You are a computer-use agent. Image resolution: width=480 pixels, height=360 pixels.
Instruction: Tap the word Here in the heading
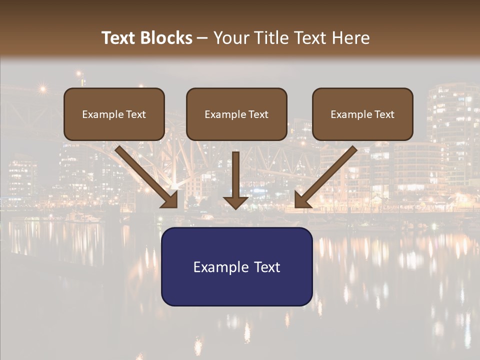[x=349, y=38]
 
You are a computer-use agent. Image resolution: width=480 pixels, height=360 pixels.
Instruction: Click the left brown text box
[x=114, y=114]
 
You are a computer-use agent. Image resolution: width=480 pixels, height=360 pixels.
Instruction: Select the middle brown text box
[x=236, y=114]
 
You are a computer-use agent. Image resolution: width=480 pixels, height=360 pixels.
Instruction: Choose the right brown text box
[x=362, y=114]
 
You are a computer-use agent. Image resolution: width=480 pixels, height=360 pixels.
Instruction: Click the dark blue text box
[x=236, y=267]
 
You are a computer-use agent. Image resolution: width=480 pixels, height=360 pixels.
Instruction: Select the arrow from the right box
[x=327, y=175]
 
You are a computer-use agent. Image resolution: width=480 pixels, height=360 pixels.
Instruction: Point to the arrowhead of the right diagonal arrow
[x=301, y=200]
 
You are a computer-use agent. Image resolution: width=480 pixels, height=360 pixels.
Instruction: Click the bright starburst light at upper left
[x=42, y=89]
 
